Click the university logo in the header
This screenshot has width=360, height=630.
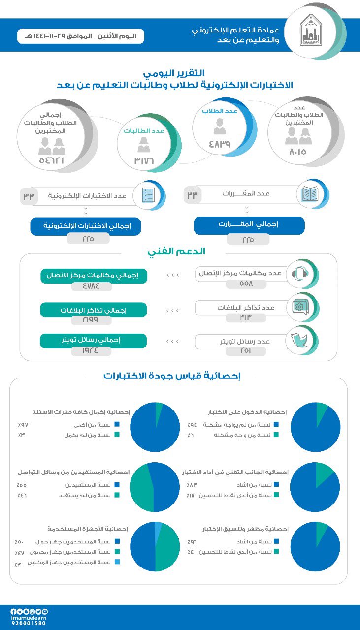310,31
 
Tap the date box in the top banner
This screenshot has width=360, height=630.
81,36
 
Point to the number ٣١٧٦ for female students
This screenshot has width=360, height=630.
144,161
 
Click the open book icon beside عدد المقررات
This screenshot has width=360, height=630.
309,194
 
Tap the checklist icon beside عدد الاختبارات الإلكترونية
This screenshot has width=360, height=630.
148,195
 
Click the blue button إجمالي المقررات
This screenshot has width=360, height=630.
249,225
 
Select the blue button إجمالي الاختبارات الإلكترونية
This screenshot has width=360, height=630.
85,226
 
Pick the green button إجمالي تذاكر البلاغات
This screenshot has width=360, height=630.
94,310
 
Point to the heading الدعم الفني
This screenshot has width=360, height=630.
176,252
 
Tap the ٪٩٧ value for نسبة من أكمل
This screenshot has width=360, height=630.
23,424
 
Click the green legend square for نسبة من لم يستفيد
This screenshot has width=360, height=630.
117,495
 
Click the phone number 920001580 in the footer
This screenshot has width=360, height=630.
28,623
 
